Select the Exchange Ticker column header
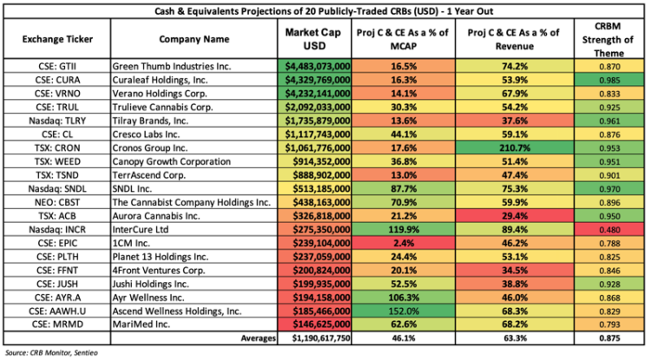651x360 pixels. point(56,39)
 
